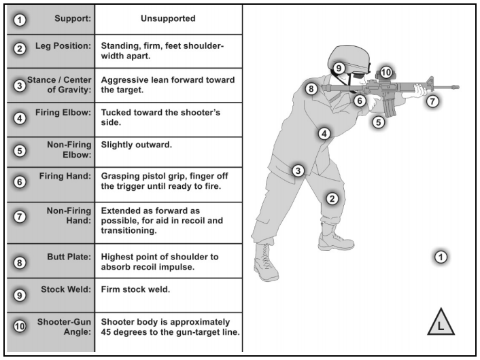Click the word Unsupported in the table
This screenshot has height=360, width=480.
168,19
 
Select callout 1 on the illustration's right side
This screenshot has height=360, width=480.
441,257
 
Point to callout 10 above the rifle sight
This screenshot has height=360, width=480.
386,71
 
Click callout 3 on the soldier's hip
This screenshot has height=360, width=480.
297,170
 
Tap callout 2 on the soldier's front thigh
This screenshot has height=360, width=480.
332,198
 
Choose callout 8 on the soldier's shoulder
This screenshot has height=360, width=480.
311,89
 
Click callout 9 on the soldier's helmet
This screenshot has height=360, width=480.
339,68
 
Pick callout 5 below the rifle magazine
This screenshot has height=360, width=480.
379,123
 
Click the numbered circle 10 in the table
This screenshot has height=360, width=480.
20,327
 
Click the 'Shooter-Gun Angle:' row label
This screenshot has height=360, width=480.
61,327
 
